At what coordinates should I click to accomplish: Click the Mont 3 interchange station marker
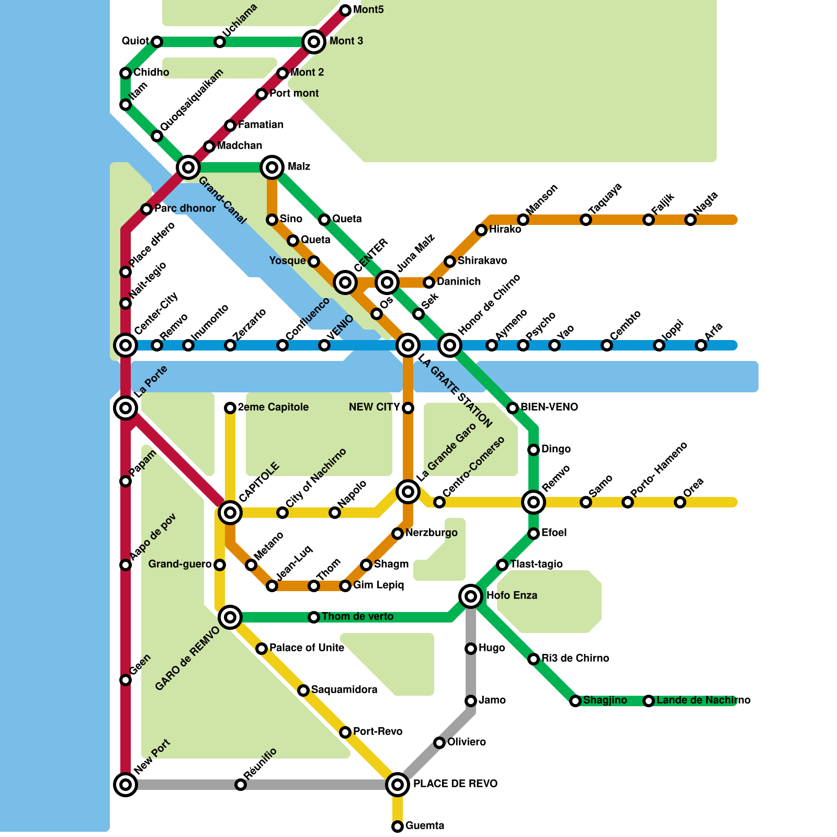coord(314,41)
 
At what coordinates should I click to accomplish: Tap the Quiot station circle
coord(157,41)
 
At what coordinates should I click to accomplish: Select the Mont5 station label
coord(368,10)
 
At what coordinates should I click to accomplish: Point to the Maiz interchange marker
coord(272,167)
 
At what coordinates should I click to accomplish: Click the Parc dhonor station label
coord(185,209)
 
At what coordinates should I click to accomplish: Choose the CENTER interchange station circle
coord(345,282)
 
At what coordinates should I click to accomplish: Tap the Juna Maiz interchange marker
coord(387,282)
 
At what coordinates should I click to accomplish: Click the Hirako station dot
coord(481,230)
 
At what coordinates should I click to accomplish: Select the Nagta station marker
coord(691,220)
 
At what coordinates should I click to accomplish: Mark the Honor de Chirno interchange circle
coord(450,345)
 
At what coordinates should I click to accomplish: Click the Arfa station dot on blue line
coord(701,345)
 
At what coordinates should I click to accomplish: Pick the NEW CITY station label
coord(374,408)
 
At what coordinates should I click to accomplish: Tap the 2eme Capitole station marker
coord(230,408)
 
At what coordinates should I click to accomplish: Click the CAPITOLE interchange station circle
coord(230,513)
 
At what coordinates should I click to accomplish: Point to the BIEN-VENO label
coord(549,408)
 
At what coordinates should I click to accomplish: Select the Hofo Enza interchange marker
coord(471,596)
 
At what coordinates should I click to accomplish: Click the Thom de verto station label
coord(357,617)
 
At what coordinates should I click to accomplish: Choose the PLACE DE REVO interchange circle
coord(398,784)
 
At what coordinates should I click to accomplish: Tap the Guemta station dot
coord(398,827)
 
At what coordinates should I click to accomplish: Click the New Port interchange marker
coord(126,784)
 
